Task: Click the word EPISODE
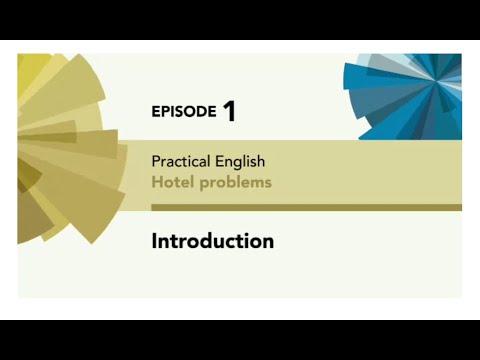184,112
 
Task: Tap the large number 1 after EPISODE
230,111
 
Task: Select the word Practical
179,161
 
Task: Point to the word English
239,161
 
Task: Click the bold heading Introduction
212,241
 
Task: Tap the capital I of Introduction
155,241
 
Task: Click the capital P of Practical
156,161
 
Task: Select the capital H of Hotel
156,183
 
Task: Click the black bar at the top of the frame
240,20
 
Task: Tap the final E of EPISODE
211,112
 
